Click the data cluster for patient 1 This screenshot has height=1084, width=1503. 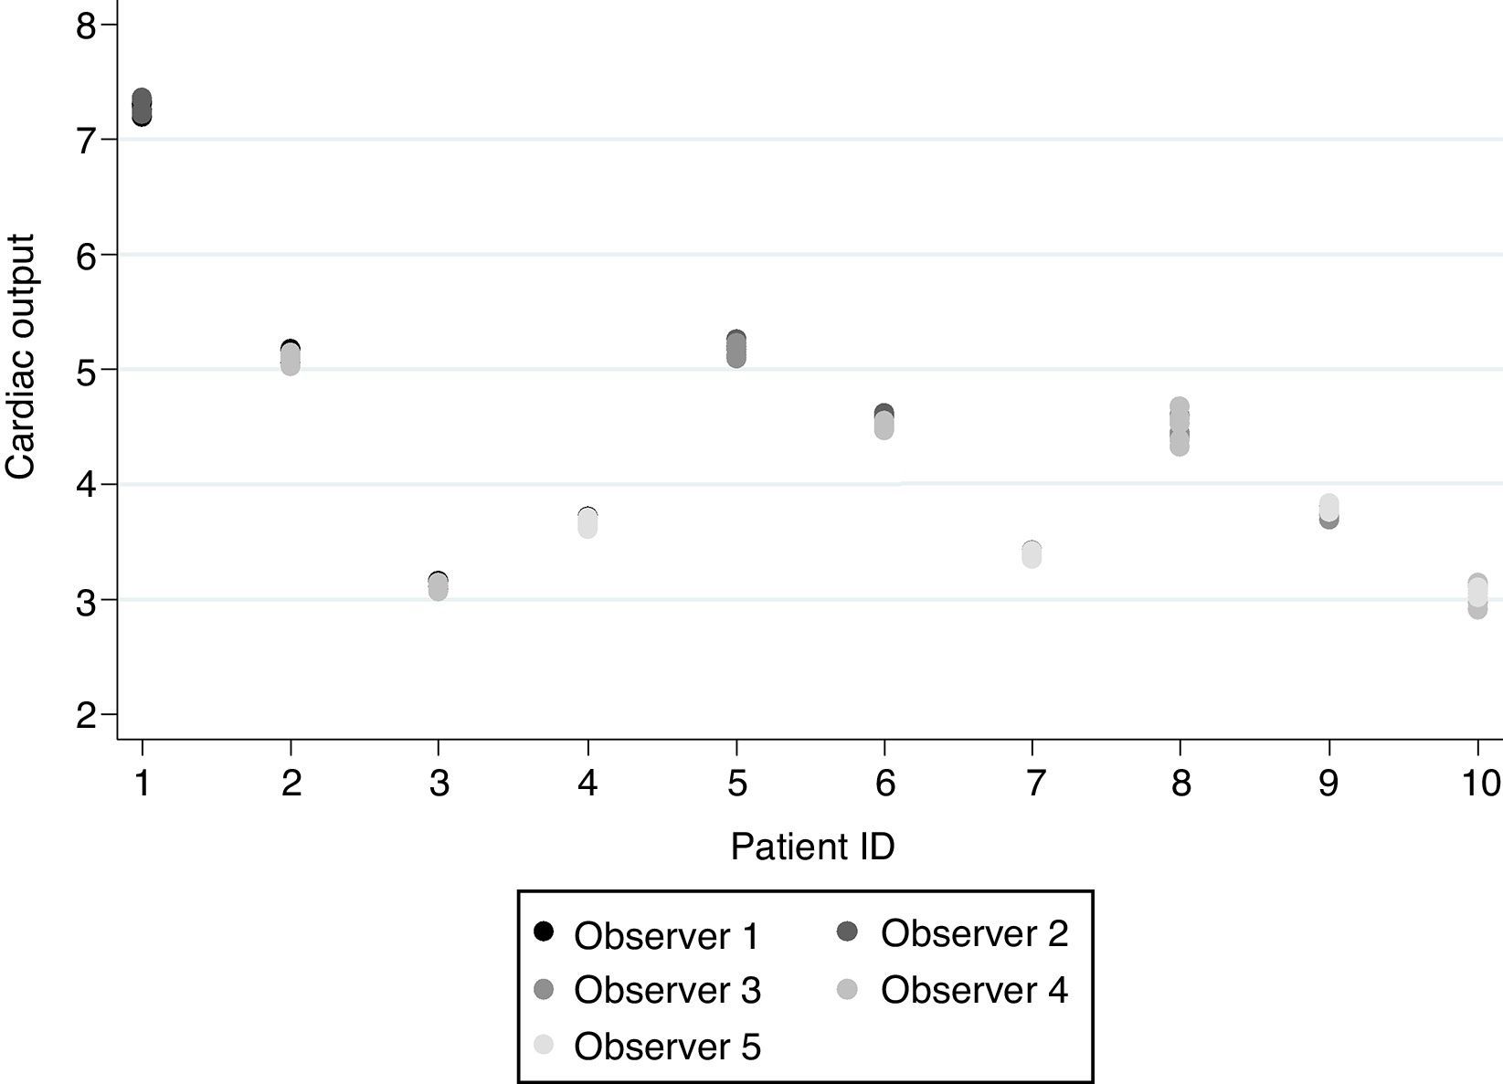point(142,108)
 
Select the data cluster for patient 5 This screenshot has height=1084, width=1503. point(736,349)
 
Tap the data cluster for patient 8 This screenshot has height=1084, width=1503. point(1180,426)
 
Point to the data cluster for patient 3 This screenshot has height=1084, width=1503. point(438,586)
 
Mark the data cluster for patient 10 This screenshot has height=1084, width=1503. point(1477,595)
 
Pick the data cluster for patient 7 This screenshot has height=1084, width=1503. point(1032,554)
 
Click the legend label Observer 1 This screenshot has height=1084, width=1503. point(667,936)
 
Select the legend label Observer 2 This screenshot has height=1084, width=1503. point(974,933)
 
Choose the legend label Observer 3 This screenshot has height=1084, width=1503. point(667,991)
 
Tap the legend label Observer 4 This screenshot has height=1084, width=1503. point(974,990)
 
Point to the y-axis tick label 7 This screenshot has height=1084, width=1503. point(86,140)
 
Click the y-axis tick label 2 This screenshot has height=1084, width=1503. point(86,715)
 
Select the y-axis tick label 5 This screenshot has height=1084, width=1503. point(86,370)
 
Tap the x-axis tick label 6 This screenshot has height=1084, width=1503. point(884,784)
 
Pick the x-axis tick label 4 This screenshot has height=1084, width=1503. point(587,784)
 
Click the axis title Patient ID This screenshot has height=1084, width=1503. point(812,847)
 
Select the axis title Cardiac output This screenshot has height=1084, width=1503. point(20,356)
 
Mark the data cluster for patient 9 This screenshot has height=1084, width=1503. point(1328,511)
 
